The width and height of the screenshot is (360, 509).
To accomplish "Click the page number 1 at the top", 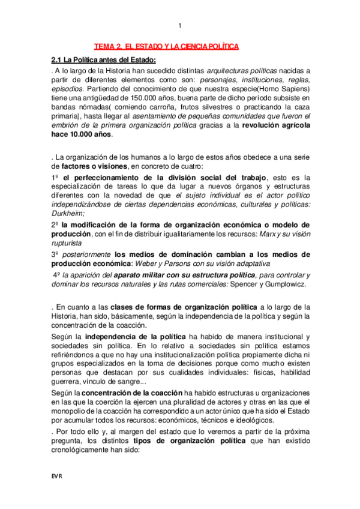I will click(x=179, y=25).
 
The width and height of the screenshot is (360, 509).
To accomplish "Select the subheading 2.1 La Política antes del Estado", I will click(x=104, y=59).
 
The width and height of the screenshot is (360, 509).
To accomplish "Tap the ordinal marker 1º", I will click(x=55, y=177).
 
